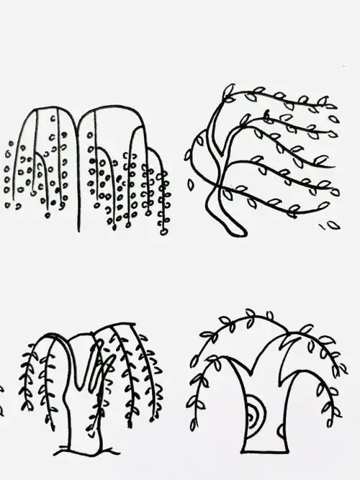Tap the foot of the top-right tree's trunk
(x=238, y=232)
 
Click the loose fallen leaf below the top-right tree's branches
(x=333, y=225)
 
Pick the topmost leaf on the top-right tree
(x=229, y=91)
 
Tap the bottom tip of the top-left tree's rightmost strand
(x=164, y=232)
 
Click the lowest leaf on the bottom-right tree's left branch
(x=192, y=423)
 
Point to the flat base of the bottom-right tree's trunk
(x=265, y=452)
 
